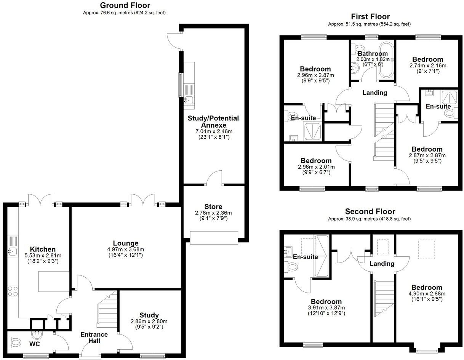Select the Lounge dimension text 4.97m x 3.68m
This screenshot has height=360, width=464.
tap(126, 250)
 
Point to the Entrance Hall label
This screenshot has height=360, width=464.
tap(94, 338)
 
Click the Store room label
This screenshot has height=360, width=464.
tap(213, 206)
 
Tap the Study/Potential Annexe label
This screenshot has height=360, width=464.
tap(213, 122)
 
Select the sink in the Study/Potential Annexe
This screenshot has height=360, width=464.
tap(188, 100)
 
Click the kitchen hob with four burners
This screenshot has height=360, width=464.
tap(13, 291)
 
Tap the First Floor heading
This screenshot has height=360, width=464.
tap(370, 16)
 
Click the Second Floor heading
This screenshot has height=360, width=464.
tap(370, 211)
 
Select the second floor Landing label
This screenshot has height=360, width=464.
tap(382, 264)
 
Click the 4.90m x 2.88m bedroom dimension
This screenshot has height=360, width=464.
tap(426, 294)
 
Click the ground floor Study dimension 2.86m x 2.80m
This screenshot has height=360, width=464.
tap(149, 321)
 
